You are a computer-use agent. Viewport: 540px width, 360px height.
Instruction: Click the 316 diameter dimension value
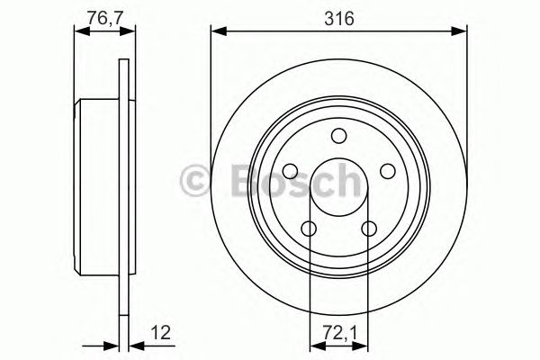point(339,16)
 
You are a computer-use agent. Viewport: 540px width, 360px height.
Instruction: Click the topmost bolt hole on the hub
point(338,136)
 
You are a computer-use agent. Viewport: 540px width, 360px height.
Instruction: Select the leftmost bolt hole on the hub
point(290,171)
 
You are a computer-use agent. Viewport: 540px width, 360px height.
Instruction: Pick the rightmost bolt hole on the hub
point(387,171)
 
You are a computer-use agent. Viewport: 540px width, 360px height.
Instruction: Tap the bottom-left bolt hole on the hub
point(309,229)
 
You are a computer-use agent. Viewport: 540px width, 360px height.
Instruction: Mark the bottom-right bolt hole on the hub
point(369,229)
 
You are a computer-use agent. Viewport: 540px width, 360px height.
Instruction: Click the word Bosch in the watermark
point(288,181)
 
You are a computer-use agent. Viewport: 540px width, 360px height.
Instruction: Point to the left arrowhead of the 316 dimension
point(217,33)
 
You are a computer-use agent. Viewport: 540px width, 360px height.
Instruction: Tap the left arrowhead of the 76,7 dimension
point(78,33)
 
